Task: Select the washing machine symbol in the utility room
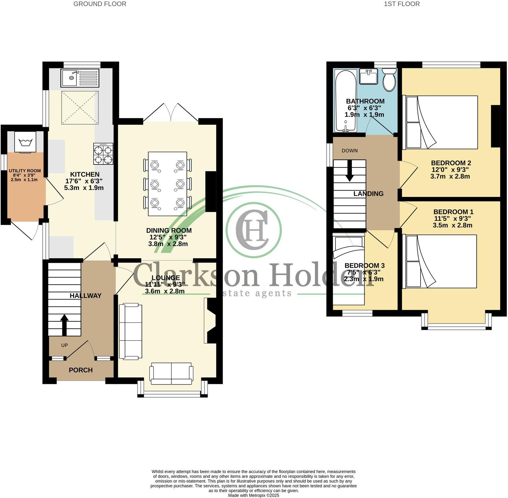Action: coord(26,142)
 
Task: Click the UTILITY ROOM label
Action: coord(25,171)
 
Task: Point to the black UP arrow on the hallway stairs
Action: coord(64,325)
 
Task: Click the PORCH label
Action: coord(80,370)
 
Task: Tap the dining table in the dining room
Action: coord(167,184)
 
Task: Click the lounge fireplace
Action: coord(211,321)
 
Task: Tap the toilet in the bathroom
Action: coord(389,79)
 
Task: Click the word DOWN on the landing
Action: coord(349,151)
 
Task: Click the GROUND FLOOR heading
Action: coord(100,4)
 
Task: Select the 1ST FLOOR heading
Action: coord(402,4)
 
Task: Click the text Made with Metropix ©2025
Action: coord(253,496)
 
